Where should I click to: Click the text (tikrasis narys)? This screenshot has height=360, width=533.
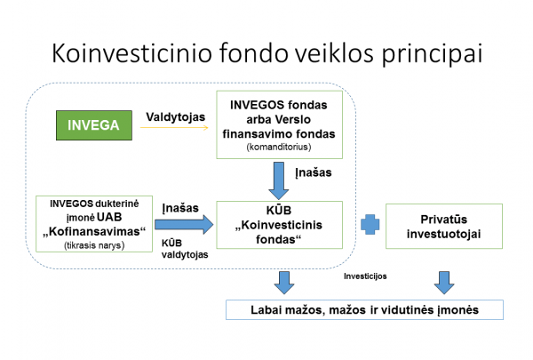pos(93,244)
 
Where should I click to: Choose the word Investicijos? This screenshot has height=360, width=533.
pos(368,276)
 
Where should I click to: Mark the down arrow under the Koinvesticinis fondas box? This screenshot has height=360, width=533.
pos(283,282)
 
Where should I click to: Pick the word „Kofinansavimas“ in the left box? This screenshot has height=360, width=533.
pos(94,231)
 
